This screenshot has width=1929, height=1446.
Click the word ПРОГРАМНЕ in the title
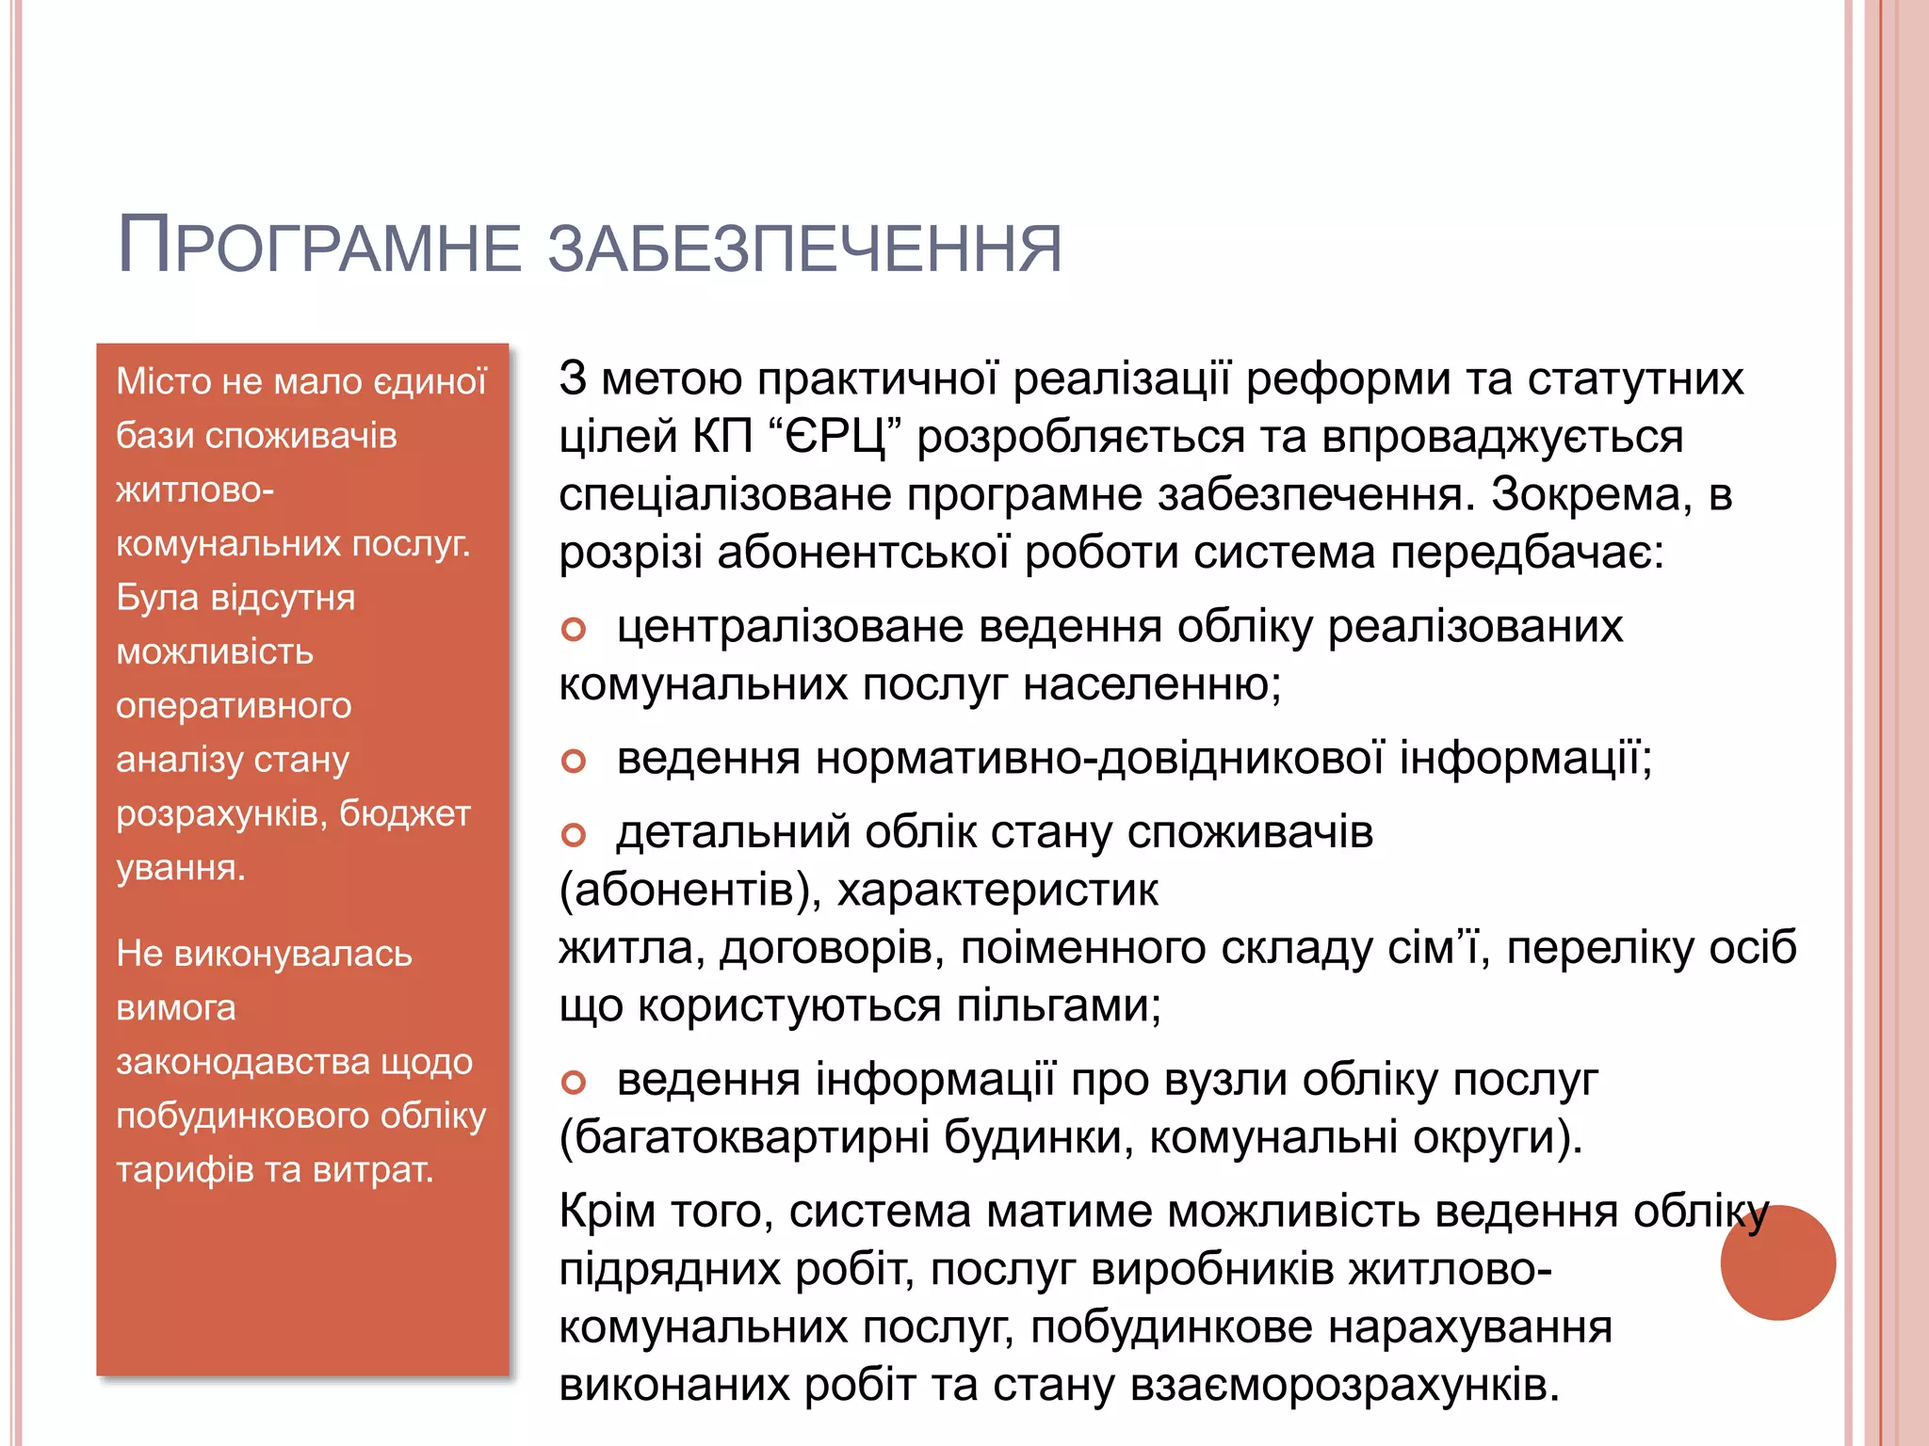318,248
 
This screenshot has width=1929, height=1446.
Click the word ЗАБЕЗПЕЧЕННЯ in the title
804,249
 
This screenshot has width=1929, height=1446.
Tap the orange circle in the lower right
1777,1262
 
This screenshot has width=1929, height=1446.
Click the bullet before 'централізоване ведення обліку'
574,629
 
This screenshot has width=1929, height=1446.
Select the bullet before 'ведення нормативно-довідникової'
574,761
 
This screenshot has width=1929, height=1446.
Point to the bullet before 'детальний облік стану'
574,834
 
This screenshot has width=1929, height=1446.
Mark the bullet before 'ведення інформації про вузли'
574,1083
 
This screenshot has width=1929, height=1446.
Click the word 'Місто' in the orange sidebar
163,381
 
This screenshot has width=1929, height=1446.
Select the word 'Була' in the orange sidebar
155,598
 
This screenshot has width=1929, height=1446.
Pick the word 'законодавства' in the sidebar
242,1062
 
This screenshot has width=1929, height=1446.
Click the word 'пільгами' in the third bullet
1059,1006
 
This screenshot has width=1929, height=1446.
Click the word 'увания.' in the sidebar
181,867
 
